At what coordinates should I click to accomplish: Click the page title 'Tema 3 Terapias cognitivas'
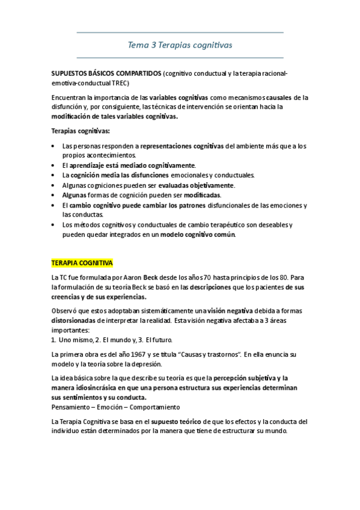click(x=180, y=45)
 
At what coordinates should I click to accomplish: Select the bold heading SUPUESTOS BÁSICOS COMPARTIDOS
click(x=106, y=73)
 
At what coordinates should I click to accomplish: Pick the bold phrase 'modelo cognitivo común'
click(x=195, y=235)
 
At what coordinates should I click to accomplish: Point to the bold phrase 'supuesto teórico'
click(x=177, y=421)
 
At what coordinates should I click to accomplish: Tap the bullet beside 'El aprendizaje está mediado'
click(x=55, y=165)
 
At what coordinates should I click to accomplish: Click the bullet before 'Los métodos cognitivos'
click(x=55, y=225)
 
